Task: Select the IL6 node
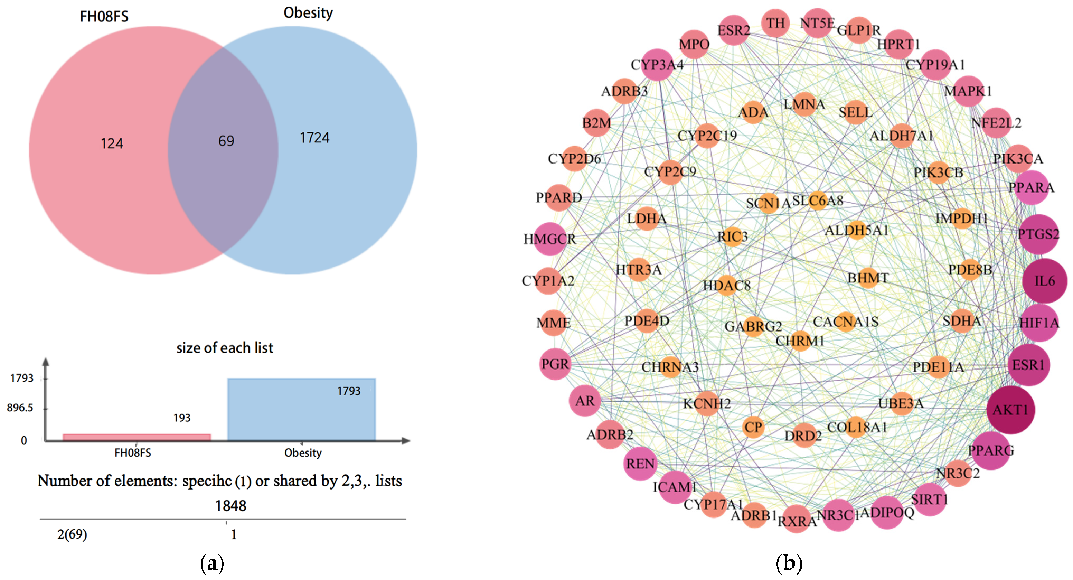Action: click(1044, 281)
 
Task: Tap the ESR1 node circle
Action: click(1028, 365)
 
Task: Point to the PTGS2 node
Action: click(1038, 234)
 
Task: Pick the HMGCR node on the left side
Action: click(550, 239)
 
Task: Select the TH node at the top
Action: click(776, 23)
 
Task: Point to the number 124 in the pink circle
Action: click(112, 143)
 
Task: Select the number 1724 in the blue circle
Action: click(314, 138)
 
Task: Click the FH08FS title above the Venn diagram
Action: click(104, 17)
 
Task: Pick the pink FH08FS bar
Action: click(137, 437)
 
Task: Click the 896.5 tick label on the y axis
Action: click(20, 408)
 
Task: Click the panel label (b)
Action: click(788, 563)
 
